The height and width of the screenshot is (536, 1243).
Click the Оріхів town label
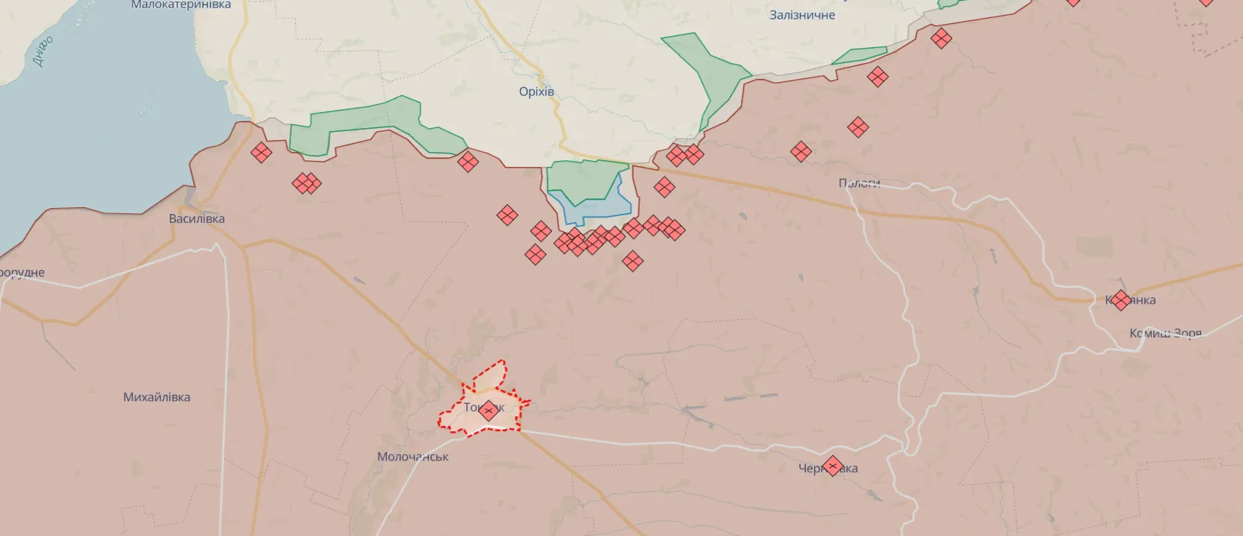[537, 92]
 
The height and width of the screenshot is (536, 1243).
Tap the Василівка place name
[197, 219]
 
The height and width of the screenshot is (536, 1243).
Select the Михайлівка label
[156, 398]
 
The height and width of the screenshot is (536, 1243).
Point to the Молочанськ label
[412, 457]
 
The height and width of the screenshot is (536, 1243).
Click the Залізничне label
[801, 15]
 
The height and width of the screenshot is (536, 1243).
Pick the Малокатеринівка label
[181, 5]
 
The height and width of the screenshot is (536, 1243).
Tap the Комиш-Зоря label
[1165, 333]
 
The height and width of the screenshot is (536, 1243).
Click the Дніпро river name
[43, 51]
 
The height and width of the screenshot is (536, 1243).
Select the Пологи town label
[858, 183]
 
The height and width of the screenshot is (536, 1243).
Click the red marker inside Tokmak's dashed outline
[489, 410]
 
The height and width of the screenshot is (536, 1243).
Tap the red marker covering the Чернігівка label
[832, 466]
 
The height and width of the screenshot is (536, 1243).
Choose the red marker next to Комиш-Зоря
[1120, 300]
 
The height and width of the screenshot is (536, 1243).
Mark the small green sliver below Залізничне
[859, 56]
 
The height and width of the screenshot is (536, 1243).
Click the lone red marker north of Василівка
[261, 153]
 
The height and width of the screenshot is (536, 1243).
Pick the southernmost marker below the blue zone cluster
[633, 261]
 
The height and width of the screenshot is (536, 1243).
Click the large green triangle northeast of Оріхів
[707, 71]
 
